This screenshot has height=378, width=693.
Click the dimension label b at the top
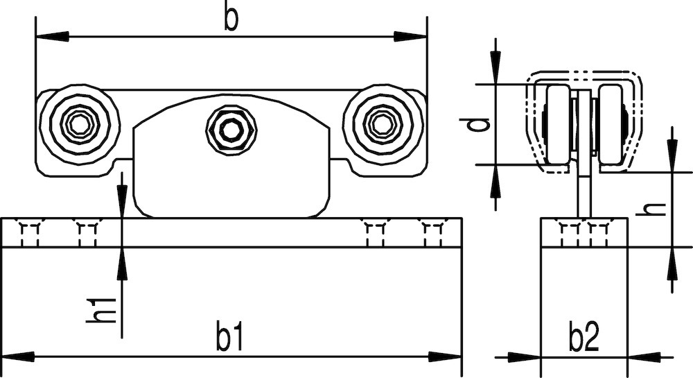[x=231, y=19]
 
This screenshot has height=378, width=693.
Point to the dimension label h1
[x=100, y=311]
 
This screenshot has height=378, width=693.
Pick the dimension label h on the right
[x=651, y=209]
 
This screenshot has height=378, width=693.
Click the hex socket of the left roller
[x=80, y=125]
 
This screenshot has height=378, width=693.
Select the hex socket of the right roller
[x=383, y=125]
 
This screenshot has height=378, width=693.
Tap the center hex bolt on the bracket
[x=231, y=130]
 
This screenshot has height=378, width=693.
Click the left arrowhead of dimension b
[x=52, y=36]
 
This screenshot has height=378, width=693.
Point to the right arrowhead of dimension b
[x=410, y=36]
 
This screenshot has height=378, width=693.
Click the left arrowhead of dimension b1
[x=18, y=356]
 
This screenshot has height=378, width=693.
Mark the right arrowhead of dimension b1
[x=445, y=356]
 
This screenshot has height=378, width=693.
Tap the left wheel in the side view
[x=558, y=125]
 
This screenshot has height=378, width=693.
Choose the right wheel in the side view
[x=611, y=125]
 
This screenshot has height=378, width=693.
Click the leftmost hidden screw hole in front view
[x=30, y=234]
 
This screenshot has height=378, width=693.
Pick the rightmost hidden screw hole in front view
[x=432, y=234]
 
